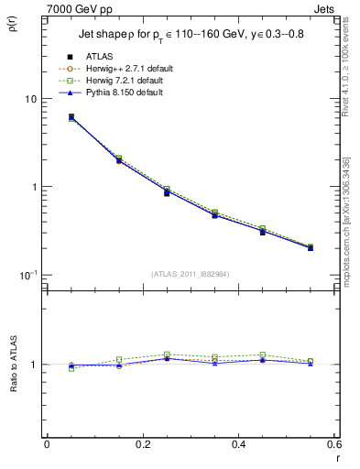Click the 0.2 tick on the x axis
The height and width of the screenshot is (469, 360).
[x=142, y=444]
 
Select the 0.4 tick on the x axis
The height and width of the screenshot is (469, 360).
[x=237, y=444]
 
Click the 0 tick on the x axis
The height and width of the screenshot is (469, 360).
[x=47, y=444]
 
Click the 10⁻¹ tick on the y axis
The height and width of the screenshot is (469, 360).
[x=27, y=275]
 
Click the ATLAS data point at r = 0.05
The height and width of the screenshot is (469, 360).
[x=71, y=117]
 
